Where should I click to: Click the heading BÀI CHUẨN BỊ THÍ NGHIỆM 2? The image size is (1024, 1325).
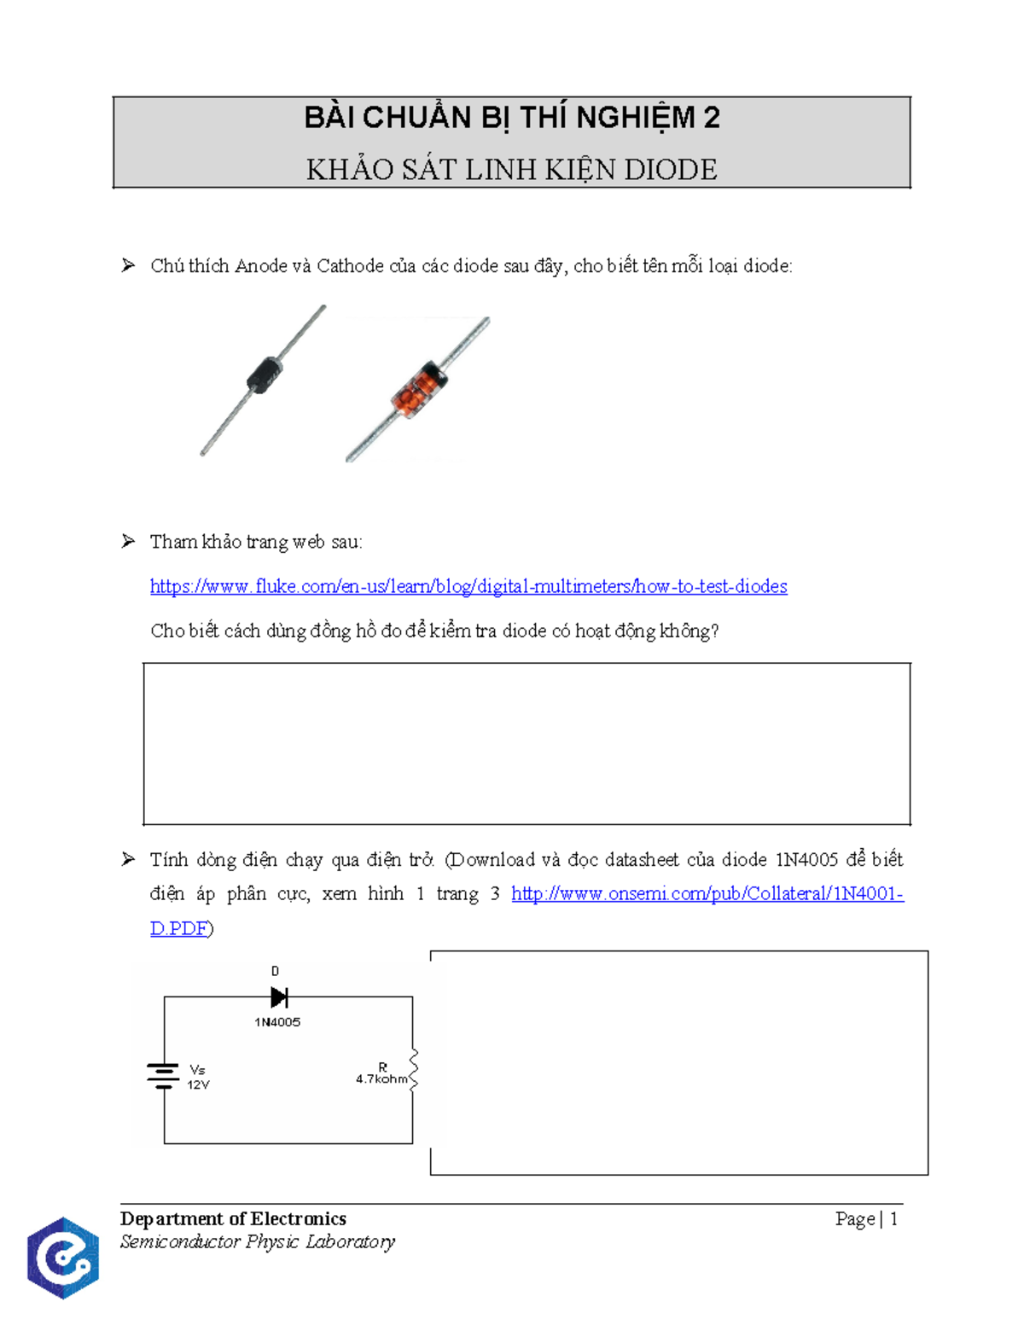click(512, 118)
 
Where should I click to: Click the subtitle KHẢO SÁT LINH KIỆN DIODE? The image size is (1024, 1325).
click(512, 170)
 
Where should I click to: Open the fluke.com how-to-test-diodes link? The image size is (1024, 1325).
click(468, 586)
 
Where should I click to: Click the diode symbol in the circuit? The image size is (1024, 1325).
click(278, 997)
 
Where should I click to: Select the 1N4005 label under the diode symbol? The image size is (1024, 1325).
click(277, 1022)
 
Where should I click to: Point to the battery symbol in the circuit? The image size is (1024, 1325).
click(163, 1076)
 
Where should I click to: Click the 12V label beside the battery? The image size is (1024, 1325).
click(198, 1085)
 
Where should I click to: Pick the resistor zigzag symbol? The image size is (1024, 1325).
click(414, 1071)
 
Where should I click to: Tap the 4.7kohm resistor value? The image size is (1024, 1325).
click(381, 1079)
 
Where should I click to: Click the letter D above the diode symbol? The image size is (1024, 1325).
click(275, 971)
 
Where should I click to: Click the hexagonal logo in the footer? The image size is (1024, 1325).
click(63, 1258)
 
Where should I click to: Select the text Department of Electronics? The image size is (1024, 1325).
click(233, 1218)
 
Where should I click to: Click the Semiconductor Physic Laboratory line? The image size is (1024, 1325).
click(257, 1241)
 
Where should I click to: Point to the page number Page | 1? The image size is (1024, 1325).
click(866, 1218)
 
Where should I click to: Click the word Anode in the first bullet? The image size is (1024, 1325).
click(261, 266)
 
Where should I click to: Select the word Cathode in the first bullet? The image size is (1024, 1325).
click(350, 266)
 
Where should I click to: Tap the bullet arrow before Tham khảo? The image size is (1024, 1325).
click(129, 541)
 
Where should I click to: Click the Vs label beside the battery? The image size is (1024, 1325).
click(197, 1070)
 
